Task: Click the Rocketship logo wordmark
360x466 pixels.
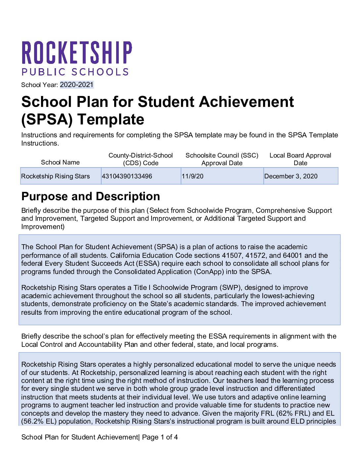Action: [x=77, y=53]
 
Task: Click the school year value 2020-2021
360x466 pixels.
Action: [x=77, y=85]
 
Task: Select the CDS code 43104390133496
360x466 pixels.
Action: [x=127, y=176]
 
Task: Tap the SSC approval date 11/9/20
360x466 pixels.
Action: [x=193, y=176]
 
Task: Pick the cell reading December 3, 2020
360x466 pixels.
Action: [x=291, y=176]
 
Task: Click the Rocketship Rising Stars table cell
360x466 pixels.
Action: [x=56, y=176]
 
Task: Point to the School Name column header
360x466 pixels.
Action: [x=60, y=162]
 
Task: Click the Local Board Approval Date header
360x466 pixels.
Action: [x=300, y=159]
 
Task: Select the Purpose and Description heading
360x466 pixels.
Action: [x=91, y=196]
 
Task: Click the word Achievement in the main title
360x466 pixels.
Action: [x=215, y=102]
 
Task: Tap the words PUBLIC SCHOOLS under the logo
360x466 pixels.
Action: [x=75, y=72]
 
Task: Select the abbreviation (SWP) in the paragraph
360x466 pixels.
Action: [x=230, y=288]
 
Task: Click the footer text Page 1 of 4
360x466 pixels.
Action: [x=160, y=437]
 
